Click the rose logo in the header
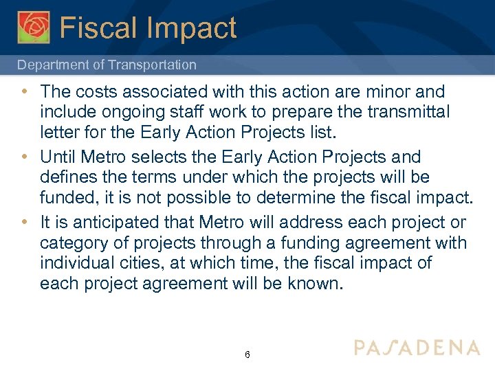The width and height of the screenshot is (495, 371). pos(34,27)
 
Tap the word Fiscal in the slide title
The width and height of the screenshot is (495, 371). pos(98,28)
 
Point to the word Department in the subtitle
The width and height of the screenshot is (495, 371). pos(51,65)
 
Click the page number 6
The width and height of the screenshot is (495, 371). pos(247,355)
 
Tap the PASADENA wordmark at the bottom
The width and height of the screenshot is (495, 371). pos(417,347)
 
